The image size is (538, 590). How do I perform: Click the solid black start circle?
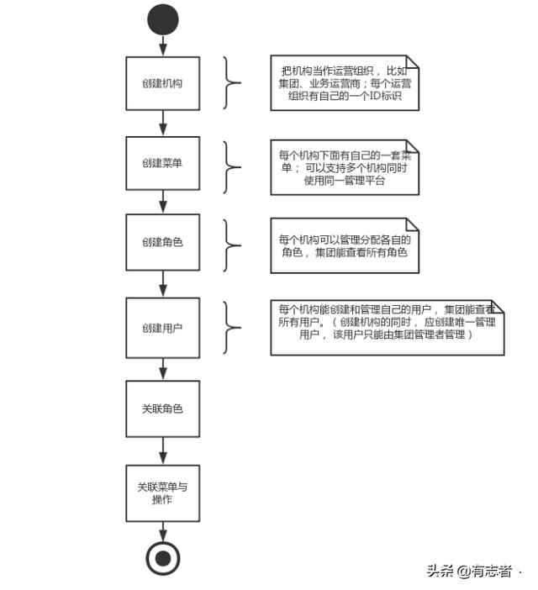[x=163, y=19]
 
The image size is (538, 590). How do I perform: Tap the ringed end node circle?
[x=163, y=558]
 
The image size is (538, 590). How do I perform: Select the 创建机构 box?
[x=162, y=83]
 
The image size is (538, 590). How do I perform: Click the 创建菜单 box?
[x=162, y=163]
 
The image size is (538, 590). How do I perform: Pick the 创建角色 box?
[x=162, y=242]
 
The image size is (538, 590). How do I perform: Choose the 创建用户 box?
[x=162, y=328]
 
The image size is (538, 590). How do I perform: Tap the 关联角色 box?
[x=162, y=408]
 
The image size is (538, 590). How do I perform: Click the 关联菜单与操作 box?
[x=162, y=493]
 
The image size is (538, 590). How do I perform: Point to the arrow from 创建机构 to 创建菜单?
[x=163, y=124]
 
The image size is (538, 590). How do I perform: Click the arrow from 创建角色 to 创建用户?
[x=163, y=284]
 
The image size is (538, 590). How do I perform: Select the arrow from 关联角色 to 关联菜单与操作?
[x=163, y=451]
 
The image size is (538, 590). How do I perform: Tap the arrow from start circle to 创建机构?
[x=163, y=46]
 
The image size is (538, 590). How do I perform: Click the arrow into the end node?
[x=163, y=532]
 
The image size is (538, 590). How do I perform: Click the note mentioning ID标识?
[x=345, y=83]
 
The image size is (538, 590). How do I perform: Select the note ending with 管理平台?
[x=345, y=167]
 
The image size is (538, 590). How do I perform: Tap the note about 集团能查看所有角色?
[x=345, y=245]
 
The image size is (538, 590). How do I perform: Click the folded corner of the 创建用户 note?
[x=498, y=306]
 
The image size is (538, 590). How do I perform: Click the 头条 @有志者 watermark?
[x=469, y=572]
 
